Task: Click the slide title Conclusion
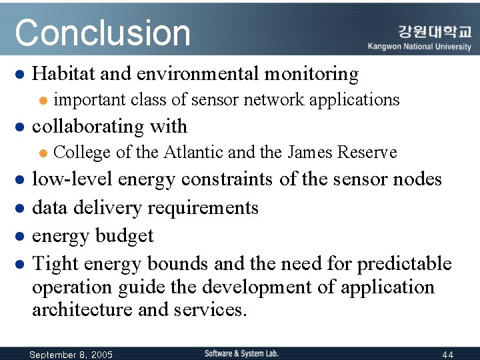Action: pyautogui.click(x=103, y=33)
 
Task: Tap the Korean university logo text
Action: pyautogui.click(x=435, y=31)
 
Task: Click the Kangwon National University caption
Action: pyautogui.click(x=419, y=47)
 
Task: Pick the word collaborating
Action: pyautogui.click(x=90, y=126)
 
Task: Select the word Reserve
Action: pyautogui.click(x=367, y=153)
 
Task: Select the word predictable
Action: pyautogui.click(x=405, y=263)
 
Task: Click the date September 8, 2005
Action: pyautogui.click(x=71, y=354)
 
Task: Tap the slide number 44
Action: pyautogui.click(x=447, y=354)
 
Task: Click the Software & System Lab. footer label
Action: pyautogui.click(x=241, y=353)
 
